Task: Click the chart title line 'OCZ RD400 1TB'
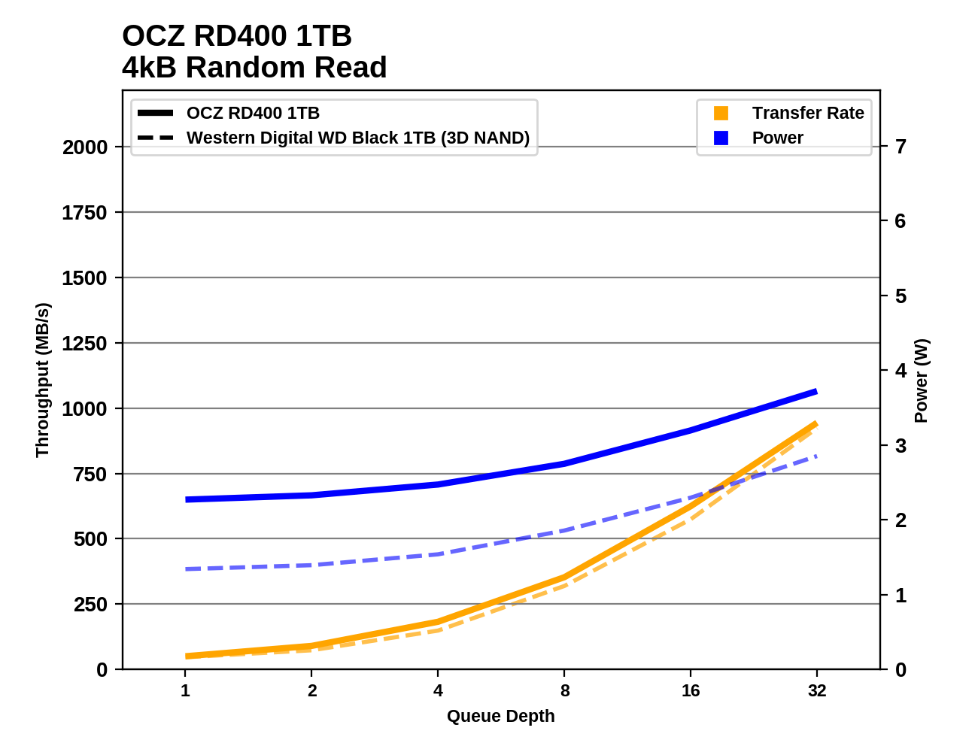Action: pos(236,36)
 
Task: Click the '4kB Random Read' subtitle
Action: pos(254,68)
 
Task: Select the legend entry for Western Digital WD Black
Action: pos(357,138)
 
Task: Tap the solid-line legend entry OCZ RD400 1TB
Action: pos(253,114)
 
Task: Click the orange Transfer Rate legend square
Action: pos(721,114)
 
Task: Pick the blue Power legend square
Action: pos(721,138)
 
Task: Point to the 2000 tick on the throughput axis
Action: pos(85,147)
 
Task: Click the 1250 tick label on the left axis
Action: pos(85,344)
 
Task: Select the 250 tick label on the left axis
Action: pos(90,605)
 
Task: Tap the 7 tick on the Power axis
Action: pos(901,147)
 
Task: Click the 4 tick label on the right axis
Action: pos(901,371)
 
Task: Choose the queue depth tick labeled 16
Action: pos(691,691)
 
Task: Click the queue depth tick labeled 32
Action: pos(817,691)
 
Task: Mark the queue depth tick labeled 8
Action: pos(564,691)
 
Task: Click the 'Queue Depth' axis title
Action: pos(500,717)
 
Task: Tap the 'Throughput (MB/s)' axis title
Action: pos(42,380)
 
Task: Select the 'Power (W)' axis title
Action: pos(922,381)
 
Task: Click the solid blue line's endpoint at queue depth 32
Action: pos(816,392)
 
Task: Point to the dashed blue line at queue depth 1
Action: pos(186,569)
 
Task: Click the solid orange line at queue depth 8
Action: pos(564,578)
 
